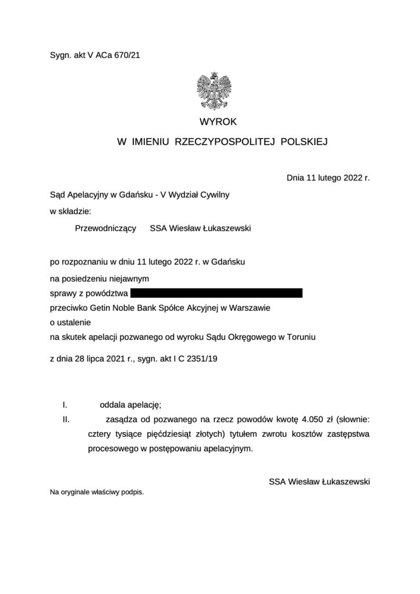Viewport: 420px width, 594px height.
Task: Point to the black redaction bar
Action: coord(216,293)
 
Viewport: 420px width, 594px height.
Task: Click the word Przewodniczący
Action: coord(106,229)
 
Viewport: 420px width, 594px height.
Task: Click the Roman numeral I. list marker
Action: coord(66,404)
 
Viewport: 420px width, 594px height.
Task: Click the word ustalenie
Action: coord(74,323)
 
